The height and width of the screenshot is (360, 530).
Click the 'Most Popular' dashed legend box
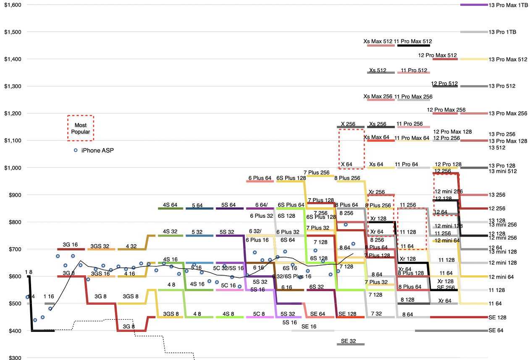pyautogui.click(x=81, y=128)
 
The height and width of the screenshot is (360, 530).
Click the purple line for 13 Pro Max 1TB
pyautogui.click(x=474, y=5)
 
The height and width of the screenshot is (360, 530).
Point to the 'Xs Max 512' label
pyautogui.click(x=378, y=42)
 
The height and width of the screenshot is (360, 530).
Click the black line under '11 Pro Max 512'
pyautogui.click(x=414, y=45)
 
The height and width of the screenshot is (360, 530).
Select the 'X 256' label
pyautogui.click(x=348, y=124)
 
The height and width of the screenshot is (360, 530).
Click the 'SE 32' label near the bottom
pyautogui.click(x=348, y=341)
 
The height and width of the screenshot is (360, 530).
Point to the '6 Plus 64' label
pyautogui.click(x=260, y=178)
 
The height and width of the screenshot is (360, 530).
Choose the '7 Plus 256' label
pyautogui.click(x=316, y=172)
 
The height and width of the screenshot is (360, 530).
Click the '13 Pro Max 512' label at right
pyautogui.click(x=508, y=60)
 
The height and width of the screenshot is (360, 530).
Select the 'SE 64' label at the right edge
pyautogui.click(x=496, y=331)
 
